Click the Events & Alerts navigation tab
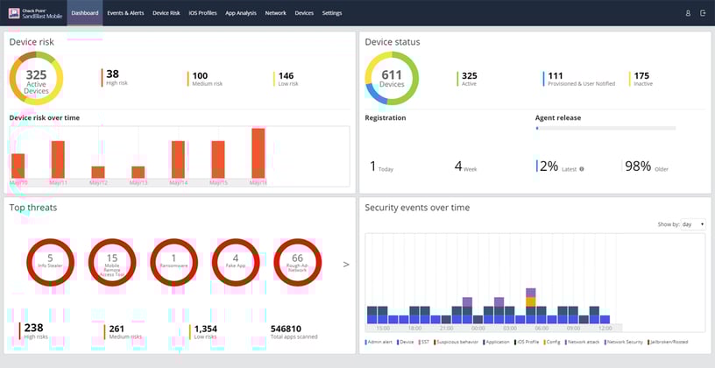[x=125, y=13]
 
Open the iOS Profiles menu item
[x=202, y=13]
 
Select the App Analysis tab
[x=241, y=13]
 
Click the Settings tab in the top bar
[x=332, y=13]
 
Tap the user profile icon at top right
[x=688, y=13]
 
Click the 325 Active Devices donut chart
[x=36, y=79]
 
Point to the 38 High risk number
[x=112, y=74]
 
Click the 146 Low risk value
[x=287, y=75]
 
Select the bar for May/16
[x=258, y=153]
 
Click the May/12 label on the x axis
[x=98, y=183]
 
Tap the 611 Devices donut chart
[x=392, y=79]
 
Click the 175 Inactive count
[x=641, y=75]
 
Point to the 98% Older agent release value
[x=639, y=166]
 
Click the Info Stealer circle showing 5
[x=50, y=261]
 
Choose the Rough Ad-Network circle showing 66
[x=296, y=261]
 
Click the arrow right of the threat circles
[x=345, y=263]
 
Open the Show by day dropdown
[x=692, y=224]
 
